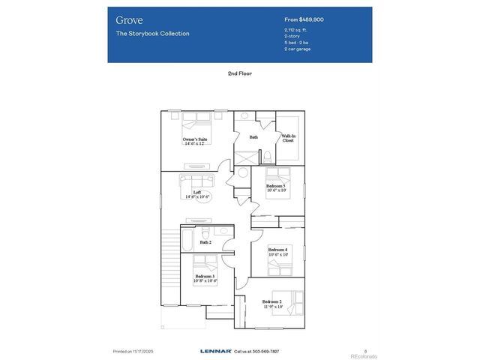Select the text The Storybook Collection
tap(152, 34)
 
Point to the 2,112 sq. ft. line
tap(296, 30)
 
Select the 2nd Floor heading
tap(240, 75)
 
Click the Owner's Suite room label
tap(195, 140)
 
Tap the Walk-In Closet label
tap(288, 138)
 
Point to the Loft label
tap(197, 193)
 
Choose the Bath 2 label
tap(205, 242)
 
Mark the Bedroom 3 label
tap(205, 277)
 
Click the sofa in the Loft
tap(197, 181)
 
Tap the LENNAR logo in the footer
tap(216, 350)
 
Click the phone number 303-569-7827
tap(265, 350)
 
